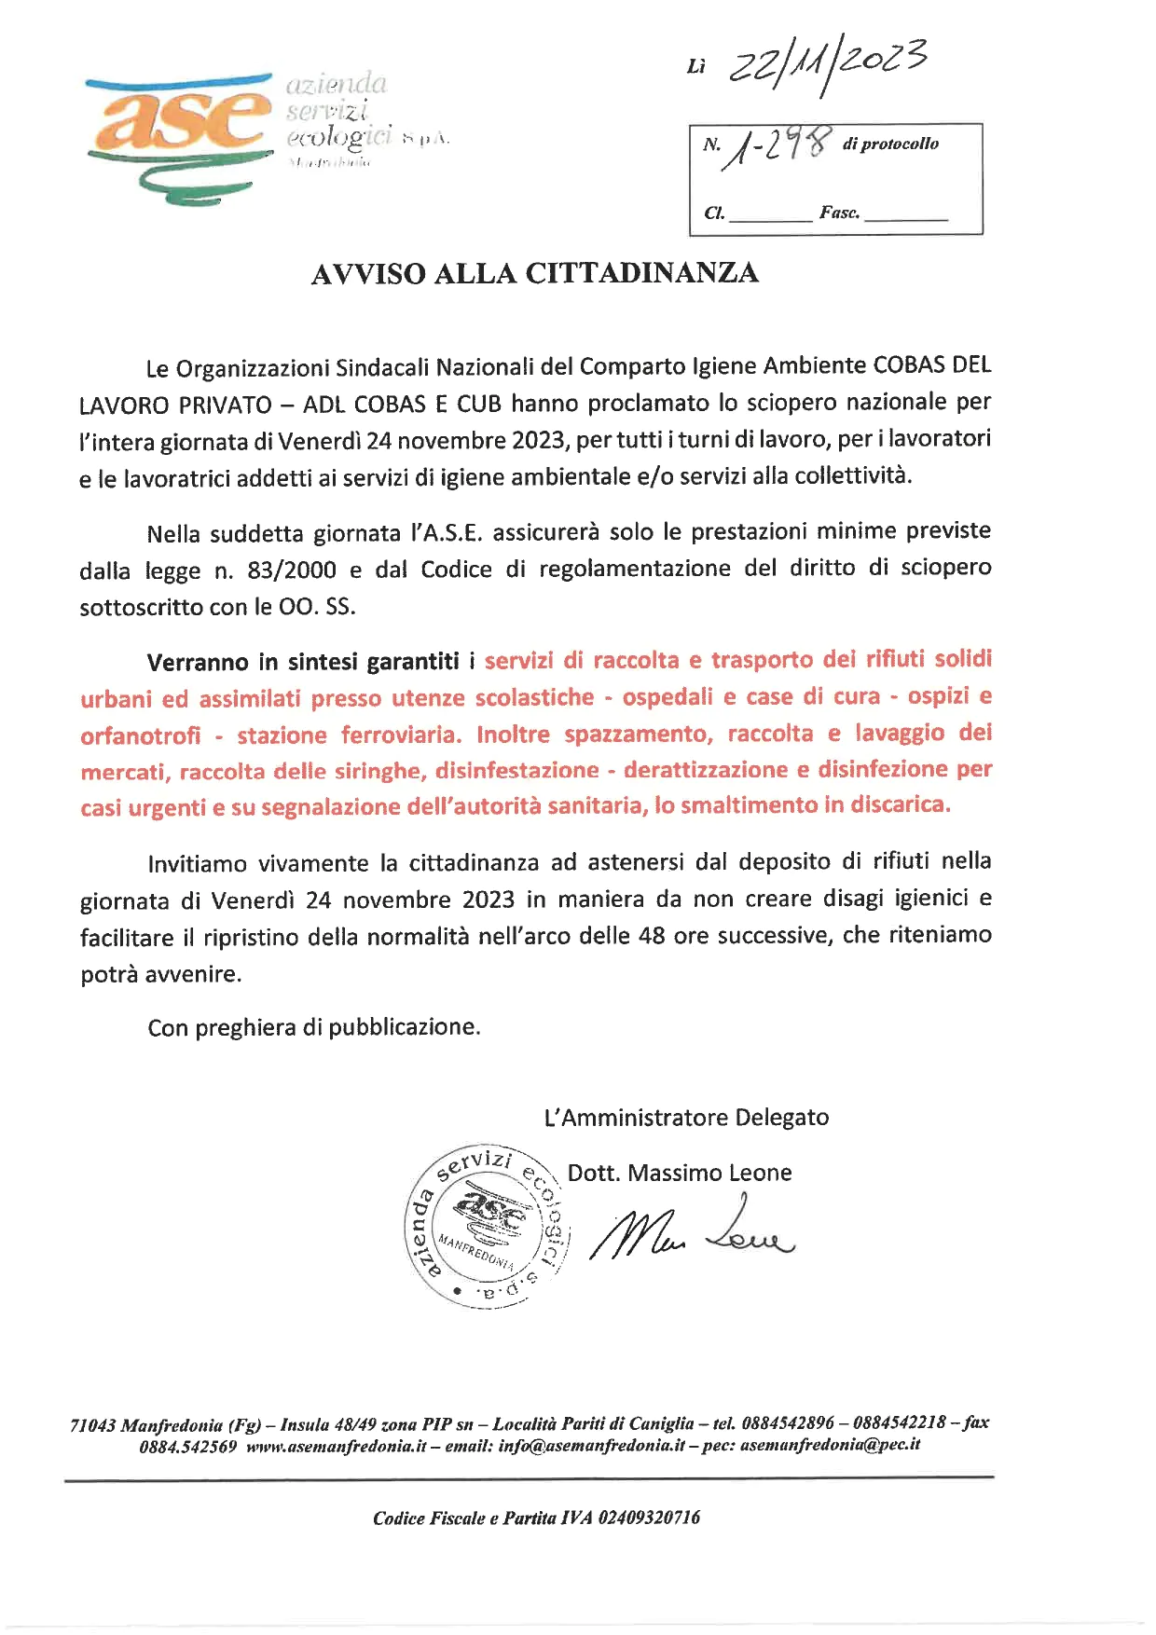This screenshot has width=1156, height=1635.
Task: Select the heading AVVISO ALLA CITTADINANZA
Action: click(x=534, y=273)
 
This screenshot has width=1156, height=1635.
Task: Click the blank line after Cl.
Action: click(x=770, y=214)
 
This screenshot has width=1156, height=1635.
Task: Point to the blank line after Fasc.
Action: click(x=905, y=214)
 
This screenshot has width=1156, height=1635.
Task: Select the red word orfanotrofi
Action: click(x=140, y=735)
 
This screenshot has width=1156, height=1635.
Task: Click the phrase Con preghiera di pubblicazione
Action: click(x=314, y=1027)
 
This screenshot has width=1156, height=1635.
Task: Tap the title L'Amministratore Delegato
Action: click(x=686, y=1117)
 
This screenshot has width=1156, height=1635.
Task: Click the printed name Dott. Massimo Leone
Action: click(x=680, y=1173)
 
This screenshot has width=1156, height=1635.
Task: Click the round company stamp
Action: click(x=486, y=1225)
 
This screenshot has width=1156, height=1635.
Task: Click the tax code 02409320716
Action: click(x=649, y=1518)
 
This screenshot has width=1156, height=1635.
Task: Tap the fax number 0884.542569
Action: click(x=188, y=1446)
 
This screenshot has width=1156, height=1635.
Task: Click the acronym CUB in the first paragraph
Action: click(x=479, y=404)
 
